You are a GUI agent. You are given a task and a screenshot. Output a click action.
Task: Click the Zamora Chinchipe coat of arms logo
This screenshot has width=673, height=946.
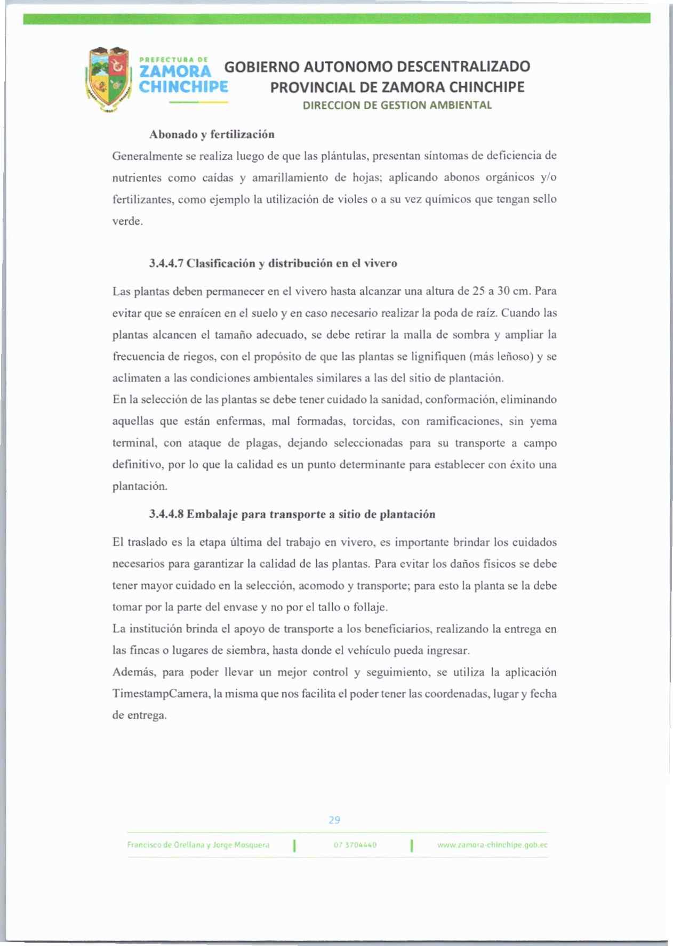pyautogui.click(x=109, y=79)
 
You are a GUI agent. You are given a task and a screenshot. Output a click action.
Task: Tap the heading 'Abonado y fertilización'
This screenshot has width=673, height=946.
pyautogui.click(x=212, y=134)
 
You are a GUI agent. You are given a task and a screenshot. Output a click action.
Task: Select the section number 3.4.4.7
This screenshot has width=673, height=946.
pyautogui.click(x=166, y=263)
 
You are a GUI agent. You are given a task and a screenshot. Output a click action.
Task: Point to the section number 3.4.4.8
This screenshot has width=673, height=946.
pyautogui.click(x=166, y=514)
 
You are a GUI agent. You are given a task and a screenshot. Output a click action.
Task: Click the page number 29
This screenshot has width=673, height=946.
pyautogui.click(x=334, y=820)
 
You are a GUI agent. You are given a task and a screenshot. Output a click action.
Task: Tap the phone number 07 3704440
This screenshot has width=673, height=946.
pyautogui.click(x=355, y=845)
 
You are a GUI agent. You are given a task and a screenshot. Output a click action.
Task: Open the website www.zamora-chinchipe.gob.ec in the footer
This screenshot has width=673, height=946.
pyautogui.click(x=492, y=845)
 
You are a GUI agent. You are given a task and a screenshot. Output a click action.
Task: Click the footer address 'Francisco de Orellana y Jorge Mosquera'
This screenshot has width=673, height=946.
pyautogui.click(x=198, y=845)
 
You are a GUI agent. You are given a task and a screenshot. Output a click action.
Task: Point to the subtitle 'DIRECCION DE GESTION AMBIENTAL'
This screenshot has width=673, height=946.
pyautogui.click(x=397, y=105)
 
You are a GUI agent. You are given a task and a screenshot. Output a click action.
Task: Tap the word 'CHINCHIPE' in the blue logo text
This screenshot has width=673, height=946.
pyautogui.click(x=183, y=87)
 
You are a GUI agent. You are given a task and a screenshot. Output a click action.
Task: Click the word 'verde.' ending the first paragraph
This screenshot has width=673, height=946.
pyautogui.click(x=127, y=221)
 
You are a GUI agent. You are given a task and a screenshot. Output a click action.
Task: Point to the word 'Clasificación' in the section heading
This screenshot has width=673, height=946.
pyautogui.click(x=221, y=263)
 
